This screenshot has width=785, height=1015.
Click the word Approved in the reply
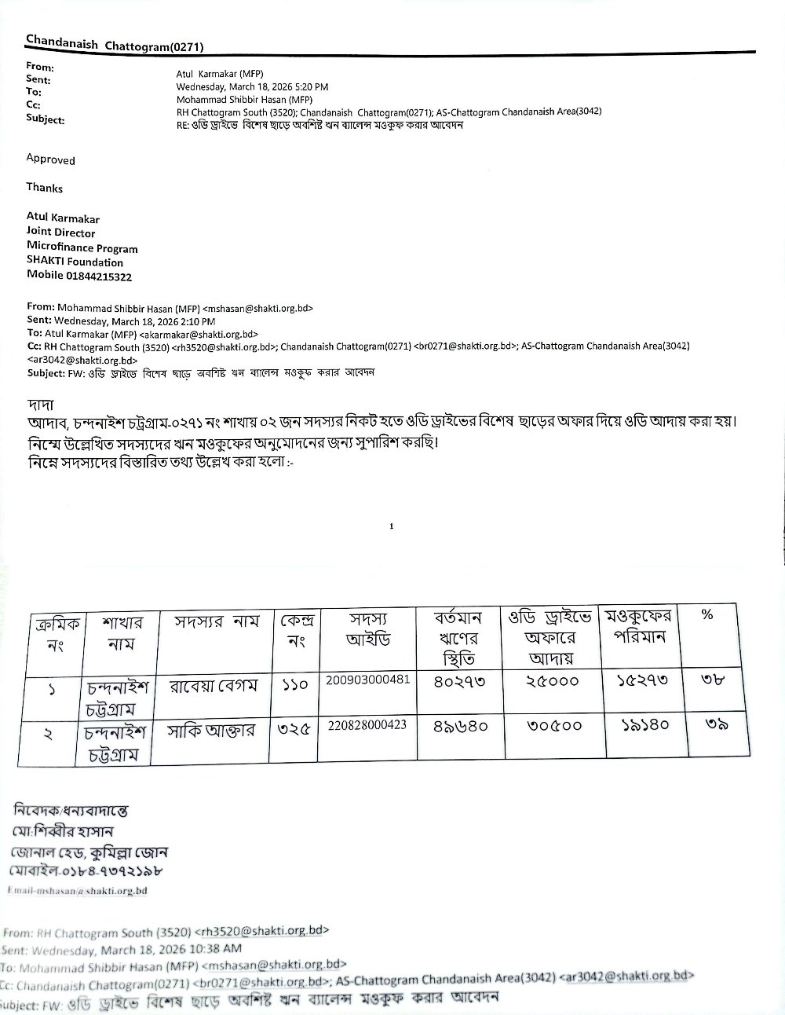point(50,159)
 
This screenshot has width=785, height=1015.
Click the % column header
point(706,615)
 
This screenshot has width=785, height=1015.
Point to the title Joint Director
point(60,233)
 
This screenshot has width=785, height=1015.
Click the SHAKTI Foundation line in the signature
point(75,262)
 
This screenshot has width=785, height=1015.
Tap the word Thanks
point(44,188)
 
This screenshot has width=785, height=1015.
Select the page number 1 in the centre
point(391,527)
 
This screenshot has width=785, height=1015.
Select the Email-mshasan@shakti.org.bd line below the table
point(77,890)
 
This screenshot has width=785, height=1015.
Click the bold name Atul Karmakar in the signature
point(63,218)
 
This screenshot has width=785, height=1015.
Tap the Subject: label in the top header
point(46,119)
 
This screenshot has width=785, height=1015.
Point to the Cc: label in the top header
point(34,104)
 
